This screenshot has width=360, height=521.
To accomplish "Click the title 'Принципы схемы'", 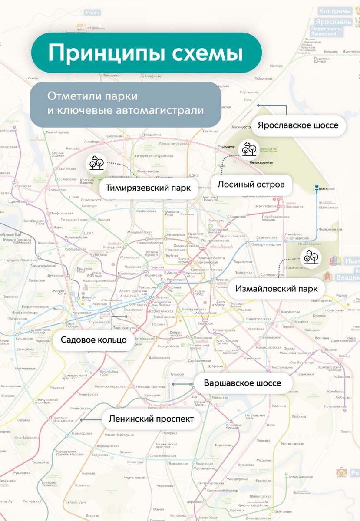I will click(x=145, y=53).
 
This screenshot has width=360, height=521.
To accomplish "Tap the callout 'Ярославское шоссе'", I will click(x=297, y=125).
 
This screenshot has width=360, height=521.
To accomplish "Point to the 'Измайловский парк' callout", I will click(x=276, y=289).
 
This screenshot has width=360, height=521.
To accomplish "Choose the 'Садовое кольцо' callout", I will click(x=93, y=340).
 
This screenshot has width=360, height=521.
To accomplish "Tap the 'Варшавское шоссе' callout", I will click(x=242, y=383).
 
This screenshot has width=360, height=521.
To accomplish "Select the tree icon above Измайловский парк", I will click(x=311, y=257).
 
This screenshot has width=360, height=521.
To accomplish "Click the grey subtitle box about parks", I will click(x=126, y=103).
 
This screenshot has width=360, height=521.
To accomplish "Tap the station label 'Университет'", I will click(x=88, y=394).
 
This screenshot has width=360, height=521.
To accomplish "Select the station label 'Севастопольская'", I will click(x=163, y=455).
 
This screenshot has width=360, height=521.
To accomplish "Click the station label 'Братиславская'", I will click(x=292, y=444).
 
